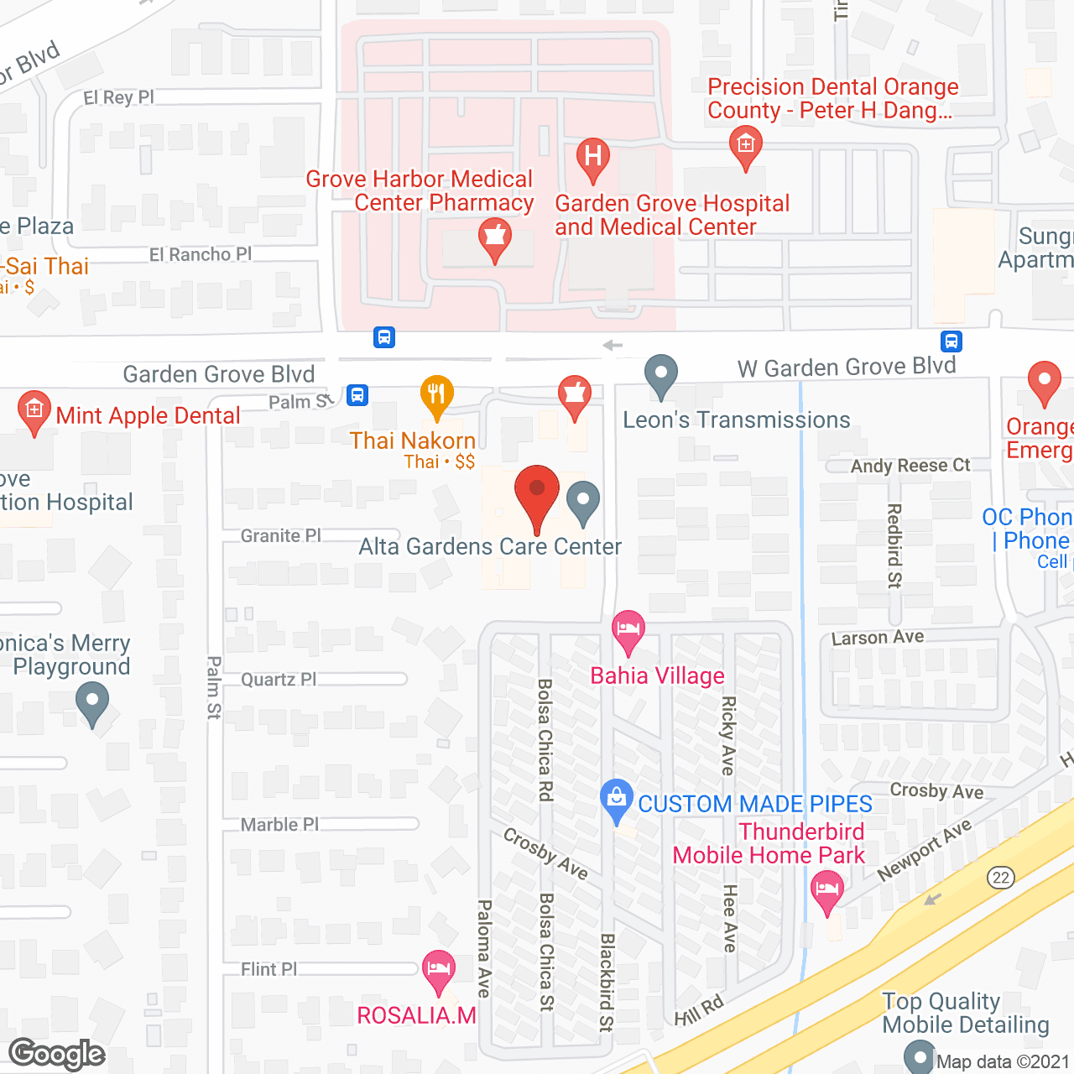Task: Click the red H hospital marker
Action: (593, 157)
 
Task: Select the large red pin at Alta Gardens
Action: (536, 493)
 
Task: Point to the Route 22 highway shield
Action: (1000, 878)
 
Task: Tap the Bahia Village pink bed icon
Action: (628, 629)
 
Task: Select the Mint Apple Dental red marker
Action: (34, 410)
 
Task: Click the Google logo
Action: (57, 1054)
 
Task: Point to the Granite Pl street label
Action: (280, 535)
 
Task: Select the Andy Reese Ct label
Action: (910, 466)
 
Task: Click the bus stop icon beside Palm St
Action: (357, 394)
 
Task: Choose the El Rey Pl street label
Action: (118, 97)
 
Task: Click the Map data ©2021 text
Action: (1003, 1061)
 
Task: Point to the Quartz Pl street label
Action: (278, 679)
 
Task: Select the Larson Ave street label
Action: (877, 638)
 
